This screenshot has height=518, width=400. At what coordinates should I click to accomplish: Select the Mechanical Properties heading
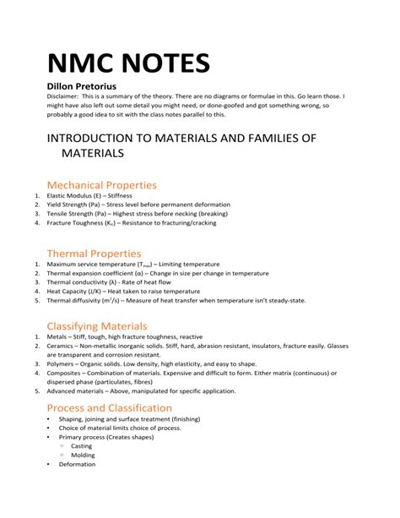(x=101, y=184)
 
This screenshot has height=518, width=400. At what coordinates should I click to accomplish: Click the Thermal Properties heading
(x=94, y=253)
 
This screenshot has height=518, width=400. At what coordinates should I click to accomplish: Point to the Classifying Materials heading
(x=97, y=325)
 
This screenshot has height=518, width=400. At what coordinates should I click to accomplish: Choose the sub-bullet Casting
(x=82, y=445)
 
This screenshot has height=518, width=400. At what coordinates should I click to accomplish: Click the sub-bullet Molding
(x=83, y=455)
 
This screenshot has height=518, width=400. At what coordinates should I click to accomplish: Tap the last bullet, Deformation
(x=77, y=464)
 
